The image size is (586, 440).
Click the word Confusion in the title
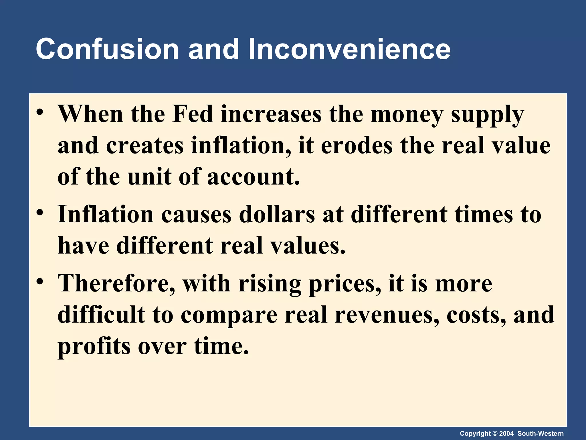[107, 49]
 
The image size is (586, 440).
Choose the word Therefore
[116, 284]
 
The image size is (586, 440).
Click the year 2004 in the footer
[506, 433]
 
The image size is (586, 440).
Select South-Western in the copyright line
[541, 433]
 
